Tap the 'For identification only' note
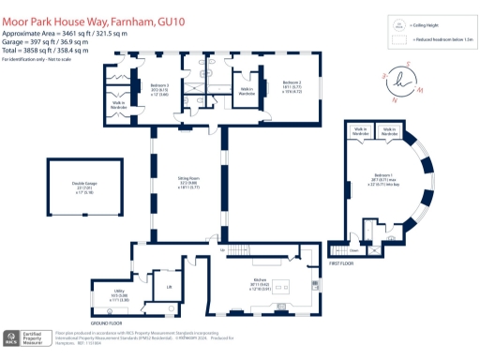pos(37,58)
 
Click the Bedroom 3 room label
pos(157,85)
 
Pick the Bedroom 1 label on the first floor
pos(383,175)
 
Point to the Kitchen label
pos(260,280)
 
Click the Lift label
pos(169,287)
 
